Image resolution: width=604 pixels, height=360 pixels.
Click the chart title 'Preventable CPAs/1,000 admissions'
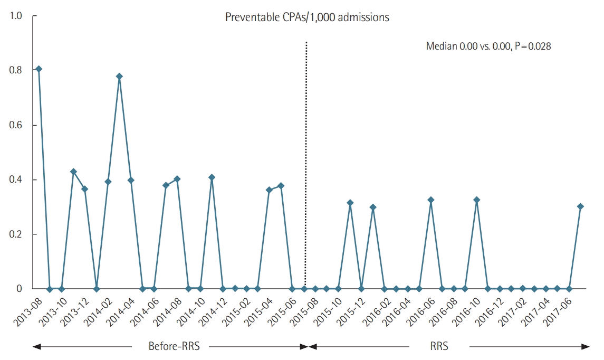tap(307, 17)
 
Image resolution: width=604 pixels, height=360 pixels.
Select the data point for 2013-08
tap(39, 69)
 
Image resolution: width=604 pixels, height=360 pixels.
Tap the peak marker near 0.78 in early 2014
tap(119, 77)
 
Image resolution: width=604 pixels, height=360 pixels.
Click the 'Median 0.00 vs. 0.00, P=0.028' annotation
tap(488, 46)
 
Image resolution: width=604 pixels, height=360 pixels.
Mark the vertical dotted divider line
tap(306, 158)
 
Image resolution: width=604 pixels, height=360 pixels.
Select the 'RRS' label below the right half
tap(438, 347)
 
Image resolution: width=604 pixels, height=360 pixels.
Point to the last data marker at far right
tap(580, 206)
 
